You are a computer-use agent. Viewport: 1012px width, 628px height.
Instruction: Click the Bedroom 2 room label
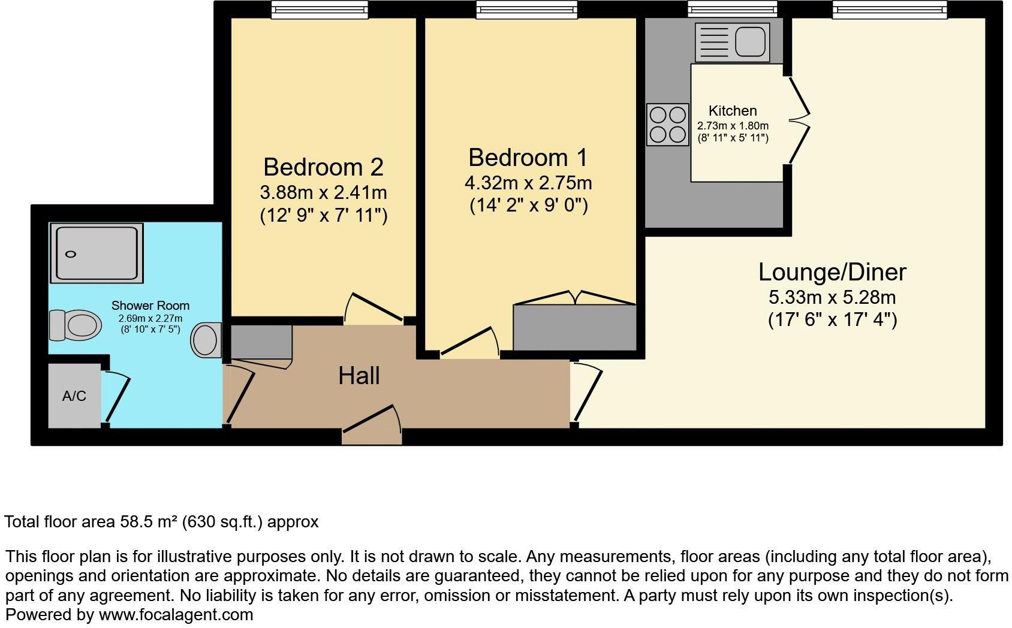[x=323, y=167]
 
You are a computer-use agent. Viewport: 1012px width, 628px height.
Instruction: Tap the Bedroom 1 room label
[x=528, y=158]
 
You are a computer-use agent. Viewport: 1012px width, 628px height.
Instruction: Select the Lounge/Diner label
[x=832, y=272]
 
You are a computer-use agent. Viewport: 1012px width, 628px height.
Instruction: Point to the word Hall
[x=359, y=376]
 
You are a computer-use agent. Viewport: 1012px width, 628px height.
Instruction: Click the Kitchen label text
[x=733, y=111]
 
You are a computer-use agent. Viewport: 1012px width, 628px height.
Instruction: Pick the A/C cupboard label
[x=74, y=396]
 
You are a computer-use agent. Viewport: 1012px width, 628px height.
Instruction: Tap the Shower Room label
[x=150, y=306]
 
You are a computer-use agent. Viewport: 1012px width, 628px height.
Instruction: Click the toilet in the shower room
[x=75, y=325]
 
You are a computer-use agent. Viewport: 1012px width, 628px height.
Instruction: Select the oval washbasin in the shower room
[x=205, y=340]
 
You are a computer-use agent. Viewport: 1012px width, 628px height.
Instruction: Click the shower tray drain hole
[x=71, y=254]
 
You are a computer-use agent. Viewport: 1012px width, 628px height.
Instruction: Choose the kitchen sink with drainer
[x=732, y=43]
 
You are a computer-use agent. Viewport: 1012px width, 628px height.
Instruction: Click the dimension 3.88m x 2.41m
[x=323, y=193]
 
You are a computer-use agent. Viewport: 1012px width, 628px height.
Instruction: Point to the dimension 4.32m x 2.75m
[x=528, y=182]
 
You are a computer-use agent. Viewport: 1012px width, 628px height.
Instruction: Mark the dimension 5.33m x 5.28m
[x=832, y=297]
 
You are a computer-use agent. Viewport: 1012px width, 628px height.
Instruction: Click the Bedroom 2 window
[x=319, y=9]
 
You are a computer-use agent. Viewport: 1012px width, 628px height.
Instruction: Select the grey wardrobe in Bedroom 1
[x=574, y=327]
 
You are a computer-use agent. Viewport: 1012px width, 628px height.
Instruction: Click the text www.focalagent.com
[x=176, y=615]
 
